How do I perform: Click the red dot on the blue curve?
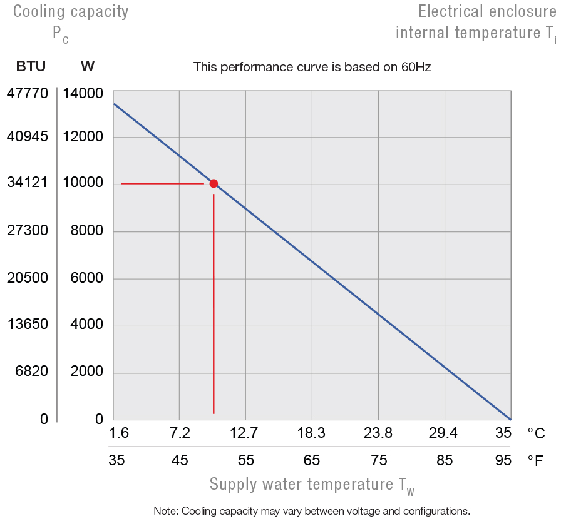[x=214, y=183]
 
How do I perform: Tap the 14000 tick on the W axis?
[x=83, y=94]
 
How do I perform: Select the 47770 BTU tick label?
[x=27, y=94]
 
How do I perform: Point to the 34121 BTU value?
[x=27, y=183]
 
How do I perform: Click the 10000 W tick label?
[x=83, y=183]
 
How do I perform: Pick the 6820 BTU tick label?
[x=31, y=372]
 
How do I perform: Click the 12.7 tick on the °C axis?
[x=244, y=433]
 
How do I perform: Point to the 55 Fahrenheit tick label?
[x=245, y=462]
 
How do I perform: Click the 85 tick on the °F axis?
[x=444, y=462]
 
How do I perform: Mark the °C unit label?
[x=535, y=433]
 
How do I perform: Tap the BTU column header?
[x=31, y=66]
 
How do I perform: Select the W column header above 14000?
[x=88, y=66]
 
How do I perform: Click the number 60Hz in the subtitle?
[x=416, y=66]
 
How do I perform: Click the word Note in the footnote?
[x=166, y=510]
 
